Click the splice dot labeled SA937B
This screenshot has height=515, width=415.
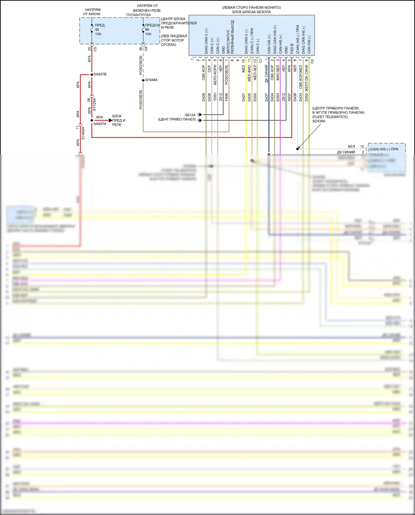point(92,74)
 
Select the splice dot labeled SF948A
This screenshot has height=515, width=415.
point(143,80)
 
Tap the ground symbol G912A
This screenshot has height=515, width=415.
point(200,115)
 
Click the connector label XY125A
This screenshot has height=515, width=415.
point(94,104)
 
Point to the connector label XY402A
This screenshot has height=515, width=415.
point(83,133)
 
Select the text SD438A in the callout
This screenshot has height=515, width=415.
point(319,121)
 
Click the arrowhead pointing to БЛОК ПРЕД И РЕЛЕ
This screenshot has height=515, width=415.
point(110,120)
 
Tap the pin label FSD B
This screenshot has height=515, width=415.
point(292,48)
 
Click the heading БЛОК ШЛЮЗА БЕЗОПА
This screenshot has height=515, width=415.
point(251,12)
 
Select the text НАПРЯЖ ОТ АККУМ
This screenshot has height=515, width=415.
point(92,12)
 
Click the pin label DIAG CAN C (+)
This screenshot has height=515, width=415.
point(206,41)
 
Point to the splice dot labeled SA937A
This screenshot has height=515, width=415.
point(92,120)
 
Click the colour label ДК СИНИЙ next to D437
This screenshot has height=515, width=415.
point(266,74)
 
